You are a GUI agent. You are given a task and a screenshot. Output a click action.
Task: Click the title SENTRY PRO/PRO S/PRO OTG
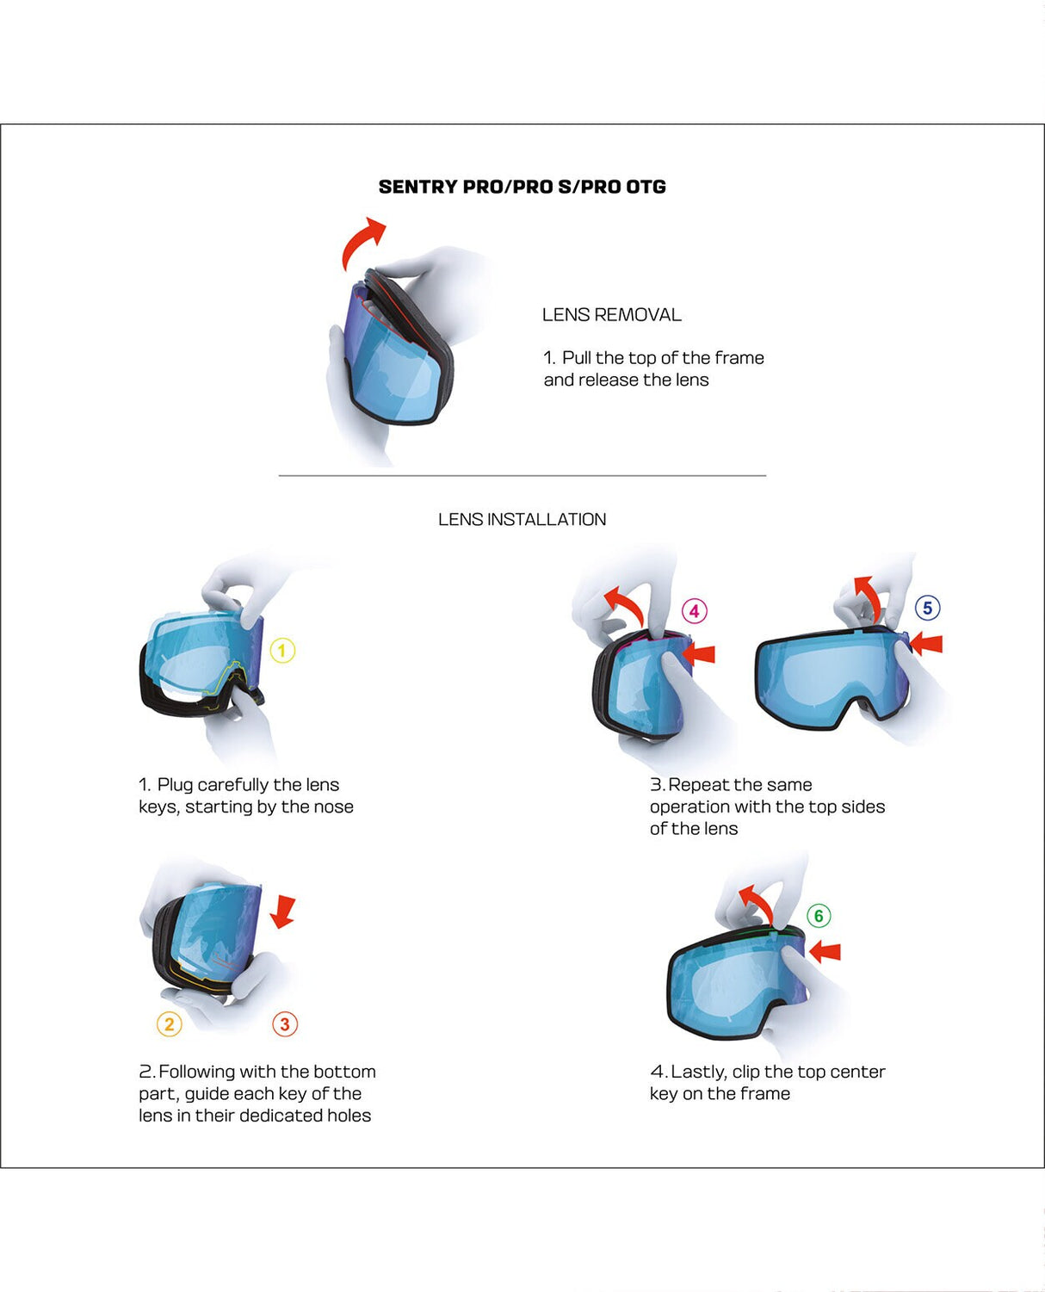click(x=522, y=187)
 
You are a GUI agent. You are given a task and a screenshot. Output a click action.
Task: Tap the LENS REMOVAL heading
click(x=611, y=315)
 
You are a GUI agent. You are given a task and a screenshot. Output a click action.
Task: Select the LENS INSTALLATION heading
click(x=522, y=519)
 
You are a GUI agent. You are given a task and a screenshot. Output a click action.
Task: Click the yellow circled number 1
click(x=282, y=651)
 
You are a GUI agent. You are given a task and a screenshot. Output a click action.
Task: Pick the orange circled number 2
click(x=170, y=1024)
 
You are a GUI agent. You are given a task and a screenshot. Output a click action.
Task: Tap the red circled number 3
click(x=285, y=1024)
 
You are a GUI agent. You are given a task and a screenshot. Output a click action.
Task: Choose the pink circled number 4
click(x=695, y=611)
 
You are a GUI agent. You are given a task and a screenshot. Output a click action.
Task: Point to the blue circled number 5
click(x=927, y=609)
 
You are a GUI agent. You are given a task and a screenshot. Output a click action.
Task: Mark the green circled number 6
click(x=819, y=916)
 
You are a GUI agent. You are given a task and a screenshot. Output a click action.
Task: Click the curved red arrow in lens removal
click(x=362, y=242)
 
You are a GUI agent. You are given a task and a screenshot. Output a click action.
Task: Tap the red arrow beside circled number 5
click(x=926, y=643)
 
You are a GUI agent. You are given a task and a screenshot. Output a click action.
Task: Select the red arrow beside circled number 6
click(x=825, y=951)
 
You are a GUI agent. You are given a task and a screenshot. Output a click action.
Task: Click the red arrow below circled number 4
click(x=699, y=654)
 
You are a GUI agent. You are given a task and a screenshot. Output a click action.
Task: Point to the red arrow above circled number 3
click(x=283, y=912)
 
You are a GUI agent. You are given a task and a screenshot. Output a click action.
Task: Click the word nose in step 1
click(x=333, y=807)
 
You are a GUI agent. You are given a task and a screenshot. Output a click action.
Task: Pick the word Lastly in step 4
click(x=698, y=1072)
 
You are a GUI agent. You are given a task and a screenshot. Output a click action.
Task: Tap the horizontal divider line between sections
click(x=522, y=475)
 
